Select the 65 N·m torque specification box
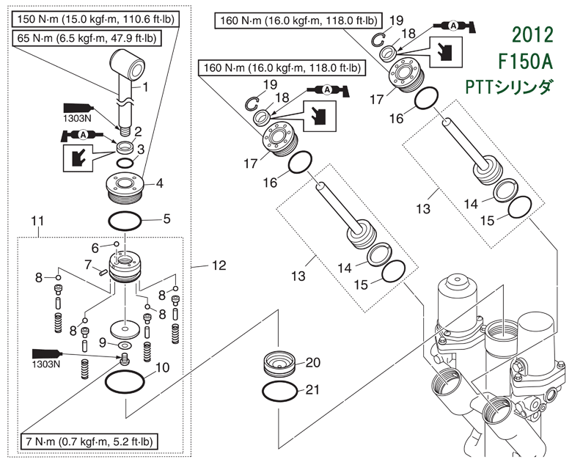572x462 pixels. click(x=87, y=37)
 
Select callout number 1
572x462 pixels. click(x=145, y=86)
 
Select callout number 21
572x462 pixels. click(x=313, y=389)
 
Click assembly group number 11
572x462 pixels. click(x=37, y=220)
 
